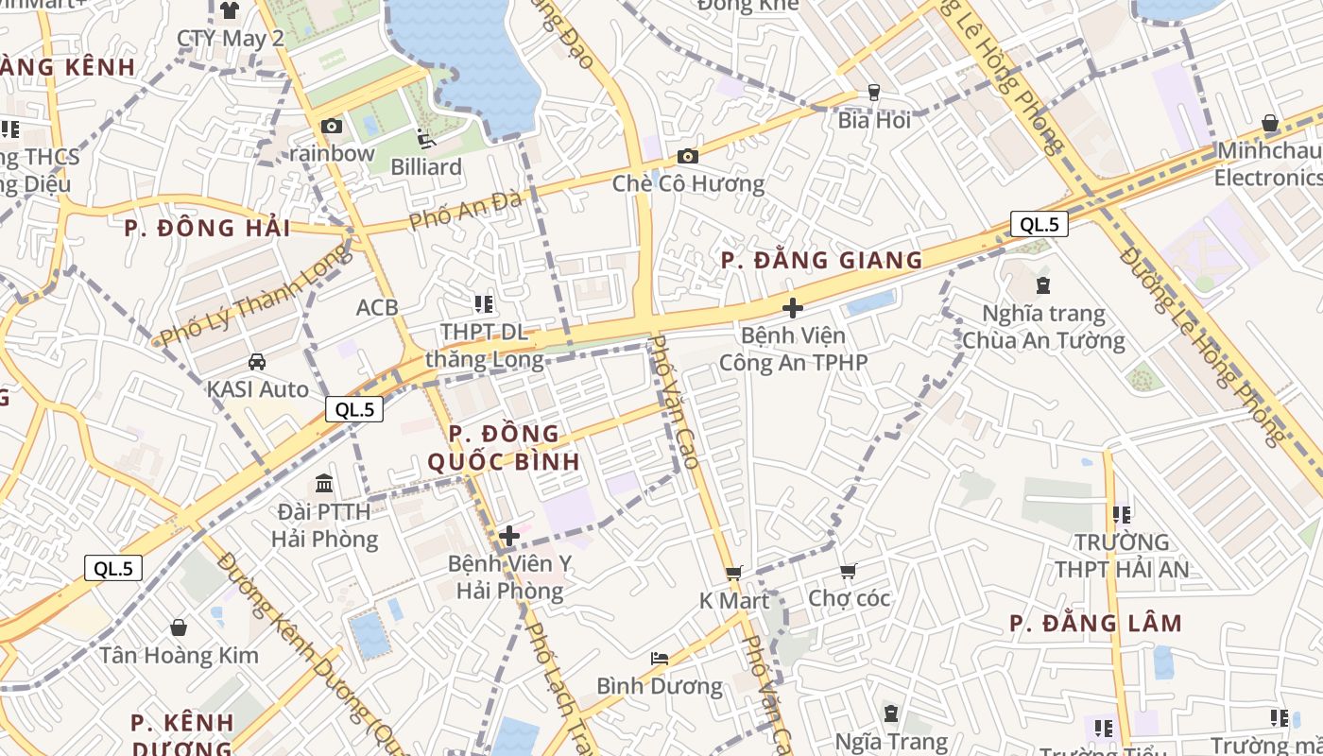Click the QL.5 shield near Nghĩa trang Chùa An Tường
(1039, 224)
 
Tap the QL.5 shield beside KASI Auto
(354, 409)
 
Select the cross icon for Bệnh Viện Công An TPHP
(793, 307)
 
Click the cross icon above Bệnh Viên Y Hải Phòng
(509, 536)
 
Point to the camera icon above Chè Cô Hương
(688, 156)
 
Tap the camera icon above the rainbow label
(332, 126)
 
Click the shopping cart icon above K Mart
(734, 573)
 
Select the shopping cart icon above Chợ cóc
(848, 571)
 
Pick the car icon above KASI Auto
(257, 361)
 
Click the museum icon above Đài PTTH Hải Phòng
(324, 483)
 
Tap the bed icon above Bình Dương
(660, 658)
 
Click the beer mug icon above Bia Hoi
(874, 92)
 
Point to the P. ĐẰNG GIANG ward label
(821, 260)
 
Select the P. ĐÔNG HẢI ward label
(207, 228)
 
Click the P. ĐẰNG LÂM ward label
(1095, 623)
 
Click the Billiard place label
(426, 167)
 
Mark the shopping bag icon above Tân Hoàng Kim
(179, 627)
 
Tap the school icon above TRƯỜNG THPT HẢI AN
(1122, 515)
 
